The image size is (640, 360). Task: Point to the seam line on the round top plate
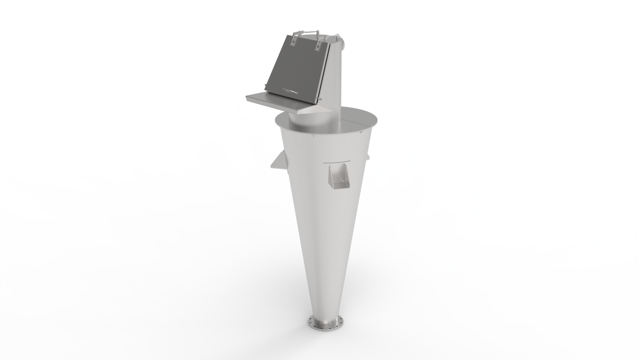(x=358, y=118)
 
